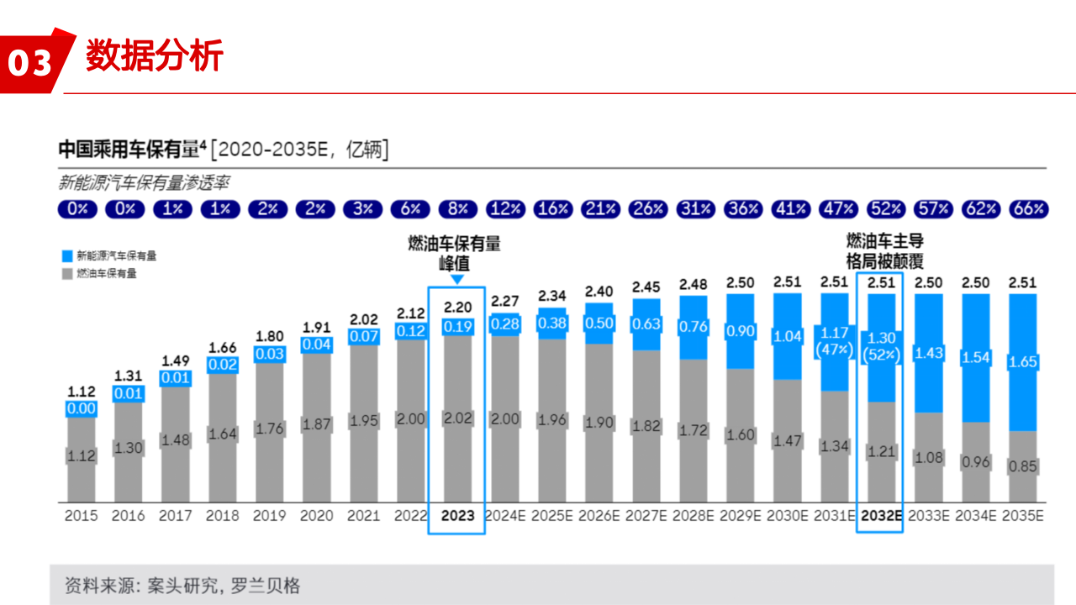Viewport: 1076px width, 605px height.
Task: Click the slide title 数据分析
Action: point(155,56)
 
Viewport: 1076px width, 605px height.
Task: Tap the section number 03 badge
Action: point(30,62)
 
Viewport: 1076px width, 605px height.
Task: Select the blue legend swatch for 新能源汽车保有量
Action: point(66,255)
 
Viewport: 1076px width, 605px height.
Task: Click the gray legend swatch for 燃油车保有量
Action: point(66,273)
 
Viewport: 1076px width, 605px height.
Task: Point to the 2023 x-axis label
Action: point(456,516)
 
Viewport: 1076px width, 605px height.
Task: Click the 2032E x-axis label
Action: point(880,516)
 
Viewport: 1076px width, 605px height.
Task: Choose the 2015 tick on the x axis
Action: point(82,516)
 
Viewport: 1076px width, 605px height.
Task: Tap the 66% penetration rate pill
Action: point(1028,209)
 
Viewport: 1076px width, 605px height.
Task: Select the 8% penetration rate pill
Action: point(457,209)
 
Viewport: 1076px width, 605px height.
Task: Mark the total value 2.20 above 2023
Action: point(457,308)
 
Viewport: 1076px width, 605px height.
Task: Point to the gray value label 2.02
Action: point(457,418)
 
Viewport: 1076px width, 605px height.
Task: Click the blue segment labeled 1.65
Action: point(1023,362)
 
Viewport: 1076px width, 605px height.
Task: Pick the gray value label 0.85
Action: point(1023,466)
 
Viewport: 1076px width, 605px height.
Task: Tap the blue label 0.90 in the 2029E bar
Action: point(741,331)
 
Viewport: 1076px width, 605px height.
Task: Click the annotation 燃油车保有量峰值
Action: point(455,253)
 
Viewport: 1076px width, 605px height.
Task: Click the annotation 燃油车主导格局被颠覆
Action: point(884,251)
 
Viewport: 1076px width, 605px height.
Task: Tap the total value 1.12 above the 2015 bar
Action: point(82,392)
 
